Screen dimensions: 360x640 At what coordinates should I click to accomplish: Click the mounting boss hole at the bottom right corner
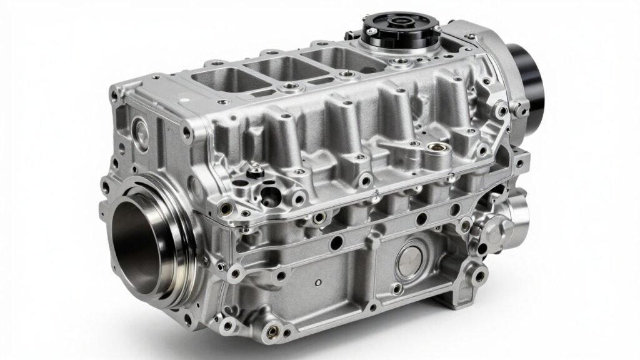point(478,276)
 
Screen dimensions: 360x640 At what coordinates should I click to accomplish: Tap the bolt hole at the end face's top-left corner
point(114,96)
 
